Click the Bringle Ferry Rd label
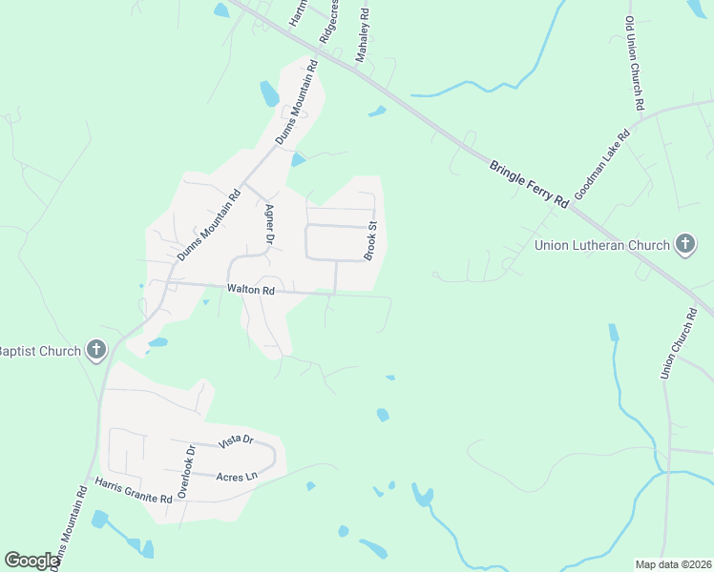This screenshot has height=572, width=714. point(529,184)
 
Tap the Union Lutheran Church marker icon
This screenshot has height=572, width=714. point(684,245)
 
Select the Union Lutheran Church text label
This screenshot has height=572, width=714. point(601,245)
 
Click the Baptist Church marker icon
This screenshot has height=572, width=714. point(95,351)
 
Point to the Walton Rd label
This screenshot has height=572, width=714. point(251,289)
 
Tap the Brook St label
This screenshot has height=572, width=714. point(371,240)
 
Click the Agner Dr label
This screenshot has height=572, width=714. point(269,225)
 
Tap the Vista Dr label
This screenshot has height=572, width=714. point(235,440)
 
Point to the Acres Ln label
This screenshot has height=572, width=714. point(237,476)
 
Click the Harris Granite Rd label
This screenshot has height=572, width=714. point(133,491)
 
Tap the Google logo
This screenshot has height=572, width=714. point(31,561)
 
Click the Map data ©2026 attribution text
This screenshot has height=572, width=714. point(673,563)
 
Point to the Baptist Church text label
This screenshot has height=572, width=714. point(40,351)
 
